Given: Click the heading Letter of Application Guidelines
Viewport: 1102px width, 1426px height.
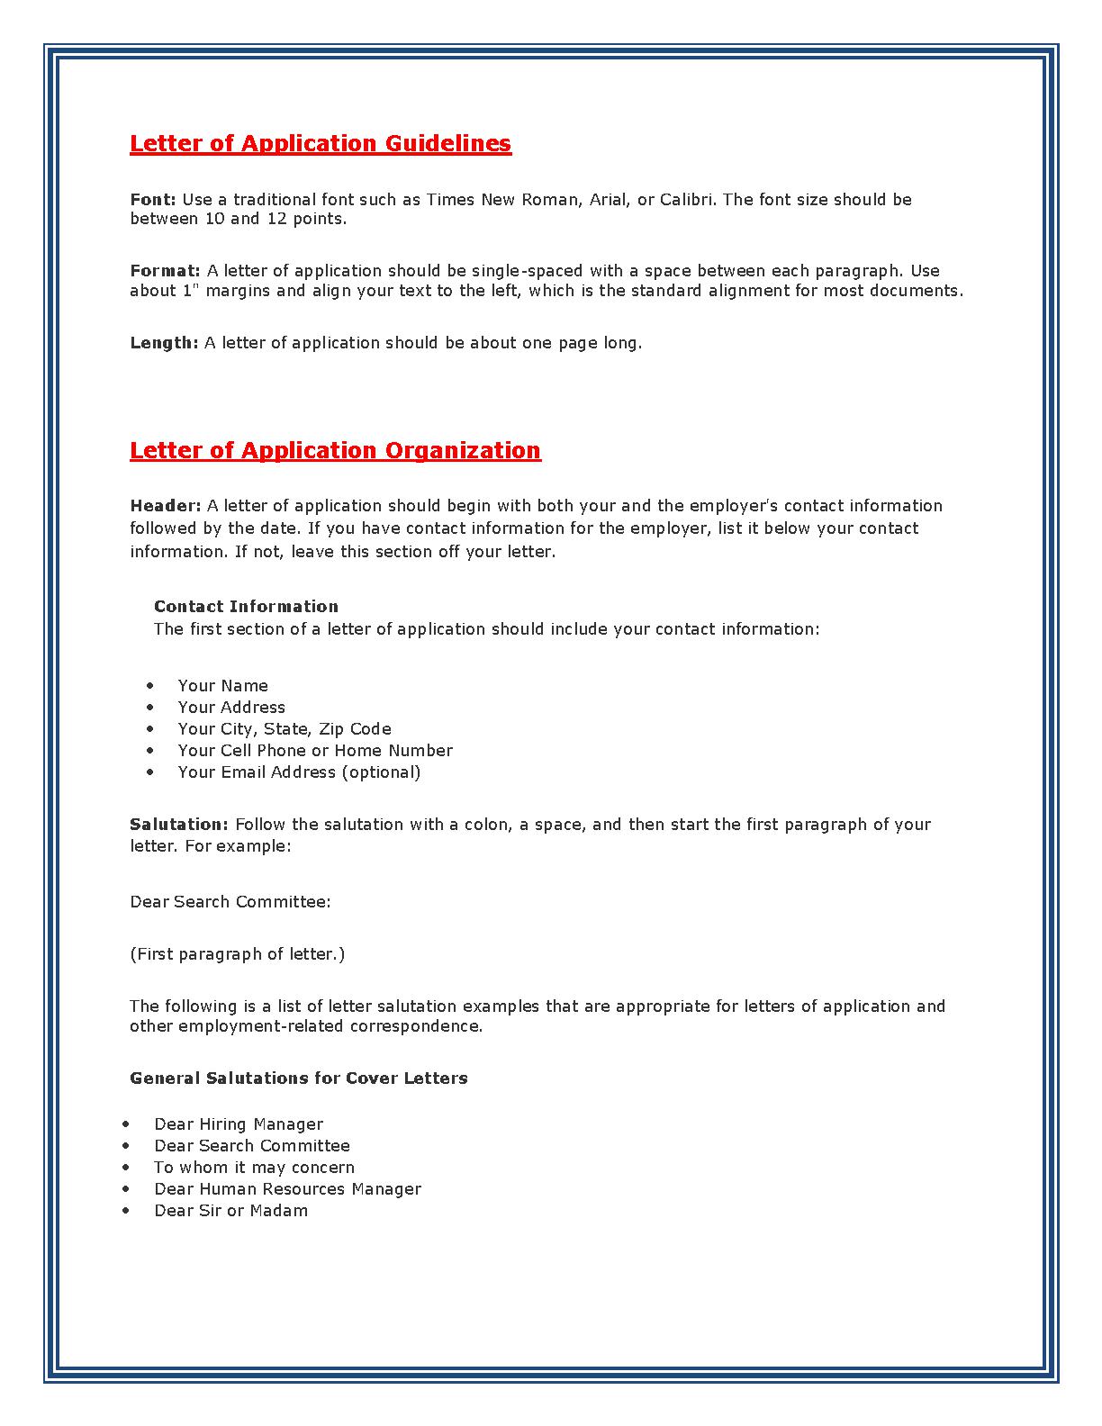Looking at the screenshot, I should (x=321, y=143).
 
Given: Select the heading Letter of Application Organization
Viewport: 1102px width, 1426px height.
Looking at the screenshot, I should (x=335, y=450).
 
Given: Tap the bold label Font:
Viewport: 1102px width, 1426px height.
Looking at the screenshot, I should (x=153, y=199).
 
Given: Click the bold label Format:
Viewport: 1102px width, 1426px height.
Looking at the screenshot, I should (x=166, y=270).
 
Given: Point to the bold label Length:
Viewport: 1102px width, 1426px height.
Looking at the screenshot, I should (x=164, y=342).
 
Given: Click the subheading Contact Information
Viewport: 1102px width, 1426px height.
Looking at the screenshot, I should (x=246, y=606).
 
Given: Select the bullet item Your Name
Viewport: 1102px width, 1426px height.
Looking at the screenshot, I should (x=222, y=685).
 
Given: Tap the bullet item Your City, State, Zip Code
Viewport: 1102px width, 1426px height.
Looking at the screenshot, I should (x=285, y=728).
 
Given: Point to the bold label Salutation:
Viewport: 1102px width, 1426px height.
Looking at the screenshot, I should (x=179, y=824).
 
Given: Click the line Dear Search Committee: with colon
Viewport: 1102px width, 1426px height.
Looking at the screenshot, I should (x=230, y=901).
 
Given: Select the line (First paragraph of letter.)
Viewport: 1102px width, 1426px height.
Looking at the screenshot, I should (x=238, y=953).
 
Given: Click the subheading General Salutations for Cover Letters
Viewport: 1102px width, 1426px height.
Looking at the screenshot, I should (x=299, y=1078).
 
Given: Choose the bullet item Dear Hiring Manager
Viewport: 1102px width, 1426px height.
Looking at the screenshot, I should (x=239, y=1124).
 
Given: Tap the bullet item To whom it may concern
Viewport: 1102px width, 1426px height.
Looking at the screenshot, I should (x=254, y=1167).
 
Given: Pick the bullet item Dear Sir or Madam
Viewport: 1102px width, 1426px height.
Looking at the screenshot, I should (x=230, y=1210).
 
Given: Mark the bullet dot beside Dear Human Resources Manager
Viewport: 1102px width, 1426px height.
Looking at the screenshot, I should (x=126, y=1188).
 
